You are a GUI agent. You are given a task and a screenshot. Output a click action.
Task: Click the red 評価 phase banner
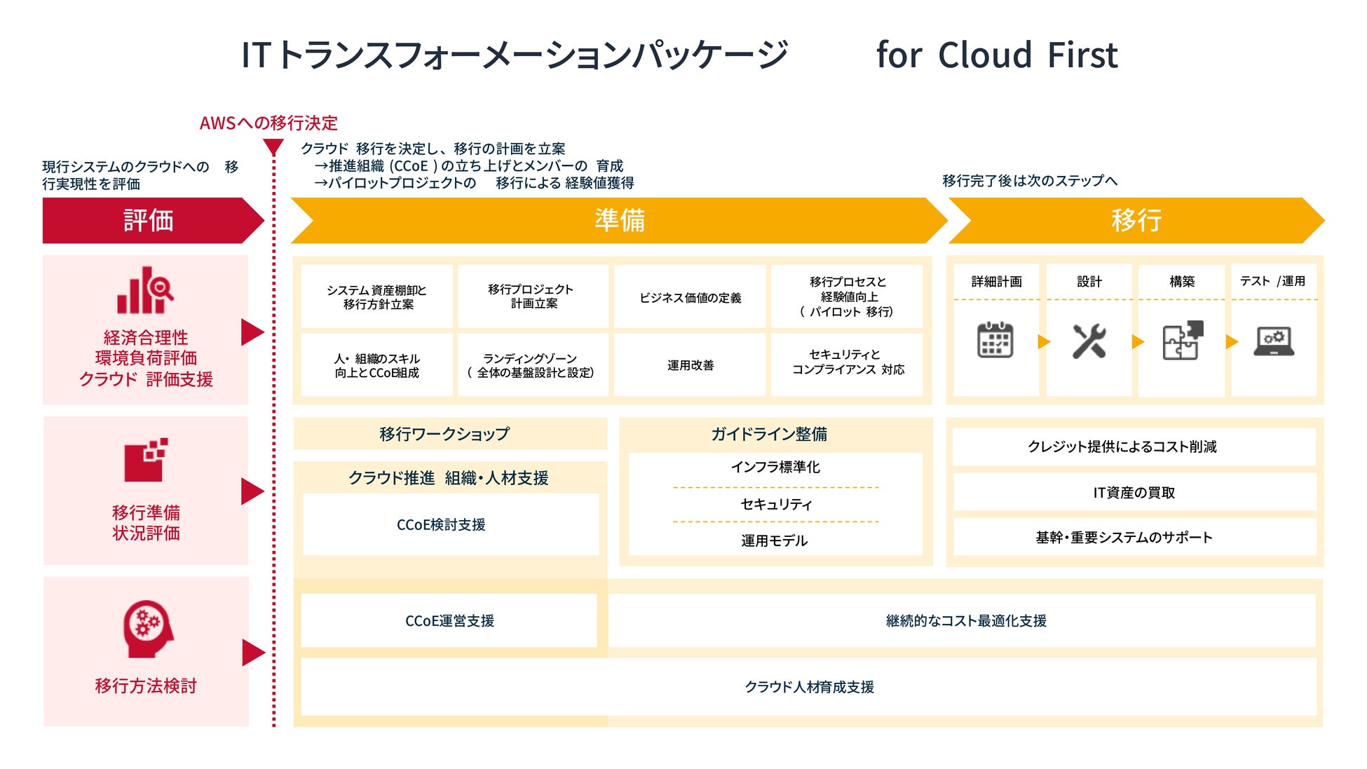point(148,220)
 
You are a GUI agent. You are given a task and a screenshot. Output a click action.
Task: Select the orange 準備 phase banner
point(619,220)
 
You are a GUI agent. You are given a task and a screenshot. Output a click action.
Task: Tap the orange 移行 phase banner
point(1136,220)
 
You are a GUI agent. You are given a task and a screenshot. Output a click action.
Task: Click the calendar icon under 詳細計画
point(995,341)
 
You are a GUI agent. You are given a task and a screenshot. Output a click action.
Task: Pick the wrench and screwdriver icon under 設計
point(1089,341)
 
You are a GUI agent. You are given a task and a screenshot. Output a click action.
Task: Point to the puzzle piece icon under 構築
point(1183,341)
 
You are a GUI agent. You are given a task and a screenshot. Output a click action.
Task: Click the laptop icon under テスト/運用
point(1274,341)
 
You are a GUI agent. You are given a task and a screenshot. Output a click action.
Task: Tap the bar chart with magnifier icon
point(145,290)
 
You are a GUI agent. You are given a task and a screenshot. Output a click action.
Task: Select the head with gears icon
point(147,628)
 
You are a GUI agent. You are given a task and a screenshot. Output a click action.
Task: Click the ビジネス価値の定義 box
point(690,297)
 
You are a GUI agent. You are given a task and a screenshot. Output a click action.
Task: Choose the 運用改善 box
point(690,365)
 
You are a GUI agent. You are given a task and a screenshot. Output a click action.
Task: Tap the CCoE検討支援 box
point(441,524)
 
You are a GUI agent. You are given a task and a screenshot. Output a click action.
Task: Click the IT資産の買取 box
point(1134,492)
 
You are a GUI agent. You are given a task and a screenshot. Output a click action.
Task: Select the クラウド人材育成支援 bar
point(809,687)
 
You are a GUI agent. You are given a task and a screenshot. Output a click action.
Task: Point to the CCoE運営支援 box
point(449,620)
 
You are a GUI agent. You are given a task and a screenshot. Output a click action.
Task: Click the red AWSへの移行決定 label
point(268,123)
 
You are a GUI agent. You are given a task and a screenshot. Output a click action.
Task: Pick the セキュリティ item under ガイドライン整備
point(775,504)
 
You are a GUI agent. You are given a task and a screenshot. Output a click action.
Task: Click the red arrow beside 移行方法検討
point(252,653)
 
